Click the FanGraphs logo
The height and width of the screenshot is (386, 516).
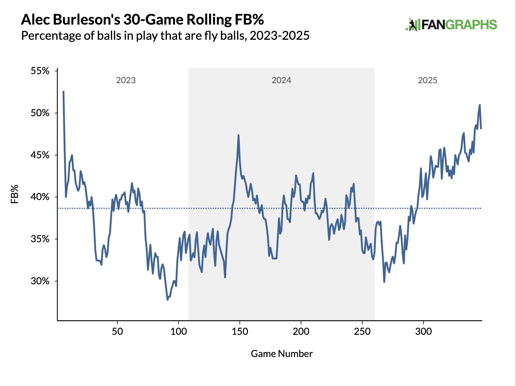click(x=451, y=25)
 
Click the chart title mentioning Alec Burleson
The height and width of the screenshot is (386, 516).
click(x=142, y=20)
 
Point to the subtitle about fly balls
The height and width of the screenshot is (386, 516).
click(x=165, y=36)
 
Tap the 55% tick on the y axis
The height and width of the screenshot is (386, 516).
click(x=40, y=71)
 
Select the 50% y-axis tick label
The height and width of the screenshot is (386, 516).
click(x=40, y=113)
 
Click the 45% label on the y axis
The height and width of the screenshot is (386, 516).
click(x=40, y=155)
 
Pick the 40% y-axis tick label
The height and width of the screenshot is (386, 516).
click(x=40, y=197)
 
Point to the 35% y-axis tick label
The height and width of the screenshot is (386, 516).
click(x=40, y=239)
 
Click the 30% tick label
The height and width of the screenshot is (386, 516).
click(x=40, y=281)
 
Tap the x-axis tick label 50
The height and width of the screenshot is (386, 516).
click(x=117, y=331)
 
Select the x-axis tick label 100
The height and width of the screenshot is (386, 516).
click(x=178, y=331)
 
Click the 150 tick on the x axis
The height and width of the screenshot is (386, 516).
click(x=239, y=331)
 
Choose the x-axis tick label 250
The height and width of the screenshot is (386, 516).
click(x=362, y=331)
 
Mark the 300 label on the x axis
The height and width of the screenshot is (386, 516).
click(x=423, y=331)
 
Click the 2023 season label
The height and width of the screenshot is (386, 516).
click(x=126, y=80)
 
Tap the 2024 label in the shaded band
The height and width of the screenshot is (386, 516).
click(x=281, y=80)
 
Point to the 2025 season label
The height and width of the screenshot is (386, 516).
click(x=427, y=80)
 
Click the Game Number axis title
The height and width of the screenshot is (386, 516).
click(x=282, y=354)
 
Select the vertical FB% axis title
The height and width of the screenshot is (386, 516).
click(x=15, y=194)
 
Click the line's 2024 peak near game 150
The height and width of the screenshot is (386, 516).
click(x=238, y=135)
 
